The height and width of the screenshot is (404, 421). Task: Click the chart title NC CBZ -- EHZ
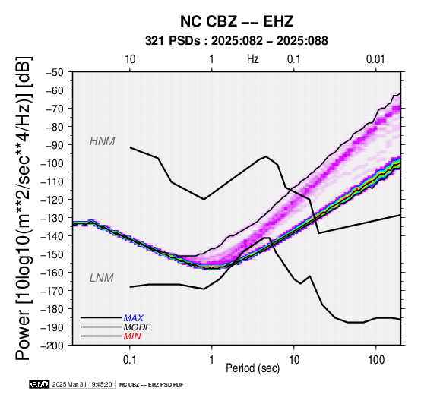[x=236, y=21]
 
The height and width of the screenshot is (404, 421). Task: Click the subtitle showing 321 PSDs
[x=236, y=41]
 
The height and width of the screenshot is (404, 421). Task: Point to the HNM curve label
[x=103, y=141]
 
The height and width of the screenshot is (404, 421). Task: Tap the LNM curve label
[x=102, y=278]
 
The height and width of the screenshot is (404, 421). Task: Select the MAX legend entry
[x=134, y=318]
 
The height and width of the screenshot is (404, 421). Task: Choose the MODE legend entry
[x=138, y=327]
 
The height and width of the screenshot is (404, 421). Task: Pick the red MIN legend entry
[x=132, y=336]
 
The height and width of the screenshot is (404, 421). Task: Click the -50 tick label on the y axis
[x=55, y=72]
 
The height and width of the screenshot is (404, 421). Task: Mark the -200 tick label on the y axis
[x=53, y=346]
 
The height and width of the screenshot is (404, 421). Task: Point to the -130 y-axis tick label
[x=53, y=218]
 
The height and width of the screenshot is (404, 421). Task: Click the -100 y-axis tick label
[x=53, y=163]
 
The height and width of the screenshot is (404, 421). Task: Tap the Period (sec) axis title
[x=252, y=368]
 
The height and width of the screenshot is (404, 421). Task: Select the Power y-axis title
[x=24, y=208]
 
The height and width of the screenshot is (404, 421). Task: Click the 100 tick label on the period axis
[x=376, y=360]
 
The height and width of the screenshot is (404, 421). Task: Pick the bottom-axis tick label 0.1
[x=130, y=360]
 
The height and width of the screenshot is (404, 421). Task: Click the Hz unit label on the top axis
[x=252, y=59]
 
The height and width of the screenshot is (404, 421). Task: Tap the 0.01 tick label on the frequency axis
[x=376, y=59]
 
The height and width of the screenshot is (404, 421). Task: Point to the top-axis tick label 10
[x=130, y=59]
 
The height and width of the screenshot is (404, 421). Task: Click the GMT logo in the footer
[x=40, y=384]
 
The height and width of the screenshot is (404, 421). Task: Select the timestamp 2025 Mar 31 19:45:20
[x=82, y=384]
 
